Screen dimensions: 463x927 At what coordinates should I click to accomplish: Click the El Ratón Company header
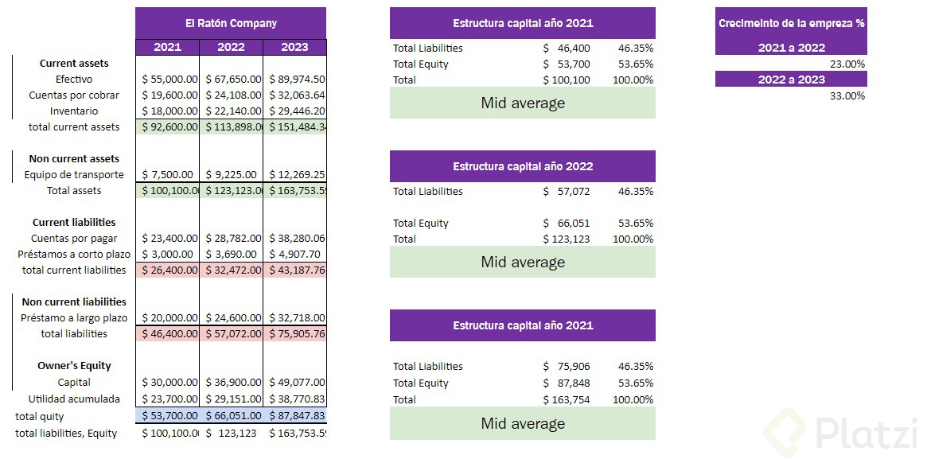231,23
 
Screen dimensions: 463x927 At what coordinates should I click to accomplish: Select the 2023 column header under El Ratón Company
294,47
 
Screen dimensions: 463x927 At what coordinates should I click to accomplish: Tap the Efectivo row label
74,79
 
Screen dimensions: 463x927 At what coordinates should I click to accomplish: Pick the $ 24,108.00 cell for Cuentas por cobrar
231,95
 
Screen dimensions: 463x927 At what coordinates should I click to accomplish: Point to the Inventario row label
74,111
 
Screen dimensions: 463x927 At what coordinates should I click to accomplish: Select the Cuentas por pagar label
74,238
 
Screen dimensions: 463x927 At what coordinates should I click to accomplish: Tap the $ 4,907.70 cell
294,254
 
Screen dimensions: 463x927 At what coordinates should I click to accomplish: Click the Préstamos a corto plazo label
74,254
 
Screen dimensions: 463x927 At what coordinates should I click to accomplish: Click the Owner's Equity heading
74,365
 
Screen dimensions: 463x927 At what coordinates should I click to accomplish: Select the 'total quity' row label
40,416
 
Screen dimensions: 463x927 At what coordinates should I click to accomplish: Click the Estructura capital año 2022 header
523,166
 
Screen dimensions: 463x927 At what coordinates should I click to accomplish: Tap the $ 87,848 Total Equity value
567,383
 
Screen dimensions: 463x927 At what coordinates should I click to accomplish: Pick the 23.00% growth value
847,64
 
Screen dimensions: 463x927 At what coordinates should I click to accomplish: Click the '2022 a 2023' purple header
791,79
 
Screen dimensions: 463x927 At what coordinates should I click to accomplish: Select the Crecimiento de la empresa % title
791,23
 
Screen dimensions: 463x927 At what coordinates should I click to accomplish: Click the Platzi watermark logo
843,434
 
